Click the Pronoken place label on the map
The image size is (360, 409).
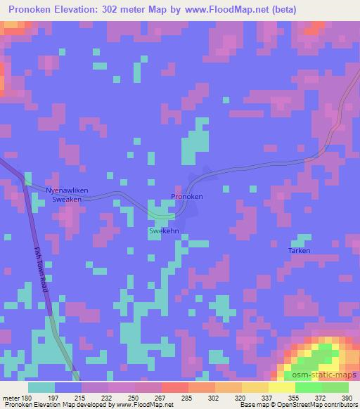(187, 197)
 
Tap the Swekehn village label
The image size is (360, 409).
(162, 230)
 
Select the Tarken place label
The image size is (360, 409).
(299, 251)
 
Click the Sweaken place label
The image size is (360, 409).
(67, 200)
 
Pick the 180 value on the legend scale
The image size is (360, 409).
(27, 398)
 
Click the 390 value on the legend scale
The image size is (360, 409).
(346, 398)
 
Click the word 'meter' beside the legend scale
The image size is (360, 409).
(11, 398)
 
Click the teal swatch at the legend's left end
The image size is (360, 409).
(41, 387)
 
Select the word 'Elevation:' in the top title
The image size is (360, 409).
(75, 10)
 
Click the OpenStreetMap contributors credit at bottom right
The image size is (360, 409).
(326, 405)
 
